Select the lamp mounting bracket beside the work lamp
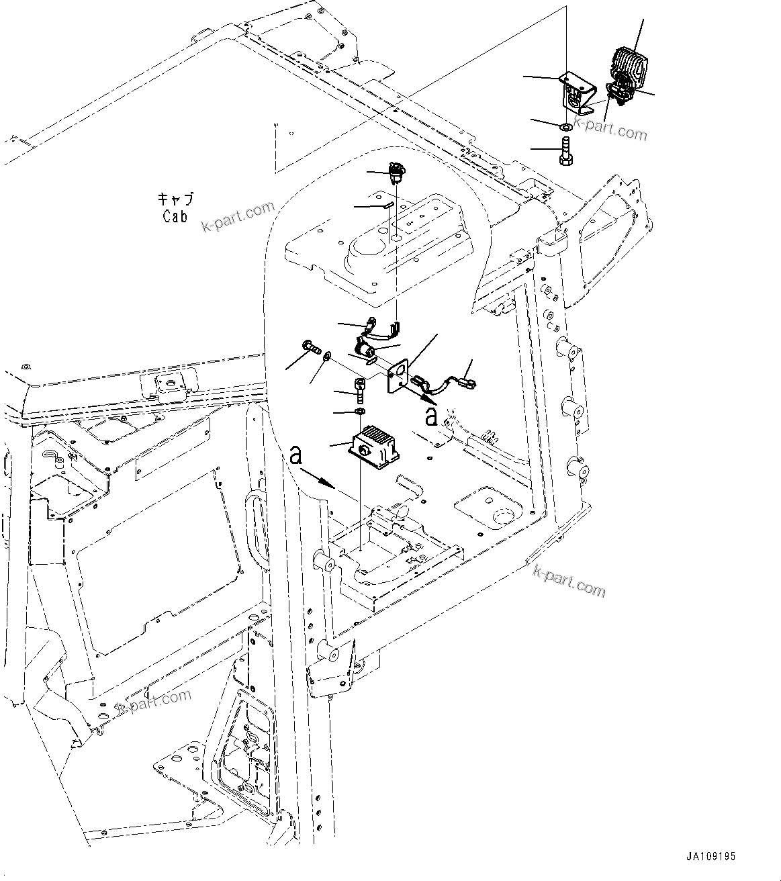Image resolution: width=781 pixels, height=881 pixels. coord(576,95)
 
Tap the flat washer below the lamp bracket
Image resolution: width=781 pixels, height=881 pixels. coord(565,126)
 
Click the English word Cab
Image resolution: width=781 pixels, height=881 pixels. coord(175,216)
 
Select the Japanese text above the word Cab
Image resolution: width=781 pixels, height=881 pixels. coord(175,199)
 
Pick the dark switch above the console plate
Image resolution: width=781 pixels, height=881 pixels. coord(395,173)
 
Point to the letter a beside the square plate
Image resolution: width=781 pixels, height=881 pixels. coord(432,416)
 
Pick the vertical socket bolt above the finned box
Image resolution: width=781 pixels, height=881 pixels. coord(359,387)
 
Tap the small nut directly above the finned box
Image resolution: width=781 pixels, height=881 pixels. coord(360,410)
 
